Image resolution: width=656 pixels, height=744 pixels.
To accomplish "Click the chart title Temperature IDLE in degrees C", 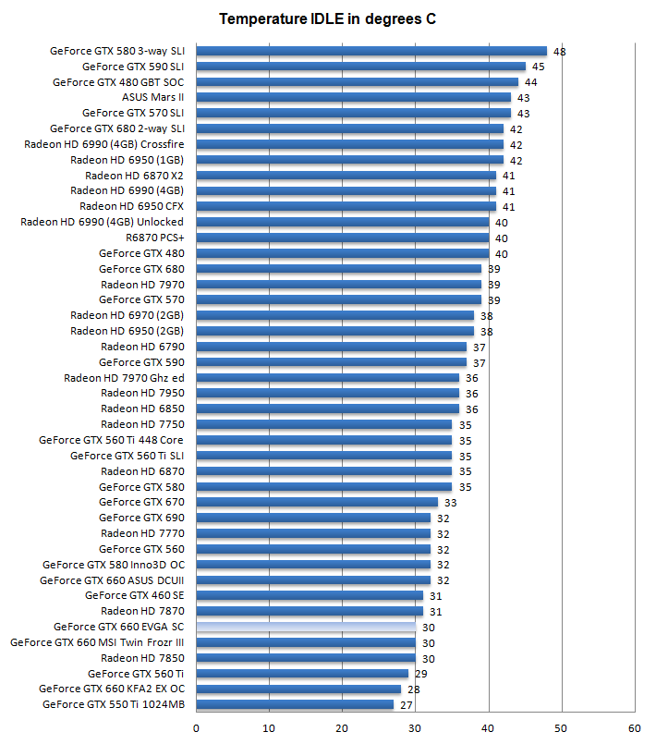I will [x=327, y=18].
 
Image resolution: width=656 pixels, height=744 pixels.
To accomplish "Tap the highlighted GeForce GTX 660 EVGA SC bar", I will [x=306, y=627].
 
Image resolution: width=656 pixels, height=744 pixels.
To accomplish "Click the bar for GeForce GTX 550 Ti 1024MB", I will [x=295, y=704].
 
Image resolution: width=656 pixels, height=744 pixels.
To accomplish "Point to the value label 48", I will [x=559, y=51].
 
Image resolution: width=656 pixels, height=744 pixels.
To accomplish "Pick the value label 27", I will [x=407, y=704].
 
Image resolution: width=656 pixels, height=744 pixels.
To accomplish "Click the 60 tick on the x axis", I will [x=635, y=728].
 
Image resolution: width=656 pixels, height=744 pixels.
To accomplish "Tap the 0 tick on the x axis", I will [x=196, y=728].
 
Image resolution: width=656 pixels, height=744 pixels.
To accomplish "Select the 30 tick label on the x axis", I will [x=416, y=728].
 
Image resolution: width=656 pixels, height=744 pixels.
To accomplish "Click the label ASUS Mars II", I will [x=152, y=97].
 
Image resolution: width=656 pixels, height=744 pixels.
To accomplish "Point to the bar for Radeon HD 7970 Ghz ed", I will [x=327, y=377].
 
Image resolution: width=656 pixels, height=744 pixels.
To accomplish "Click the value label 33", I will [x=451, y=502].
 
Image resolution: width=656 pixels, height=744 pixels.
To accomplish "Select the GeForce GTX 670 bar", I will [x=317, y=502].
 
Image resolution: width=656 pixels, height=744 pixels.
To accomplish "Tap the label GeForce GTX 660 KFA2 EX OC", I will [x=112, y=689].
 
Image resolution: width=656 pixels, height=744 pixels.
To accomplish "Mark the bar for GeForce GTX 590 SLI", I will [x=360, y=67].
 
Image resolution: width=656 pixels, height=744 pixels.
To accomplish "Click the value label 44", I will [x=530, y=82].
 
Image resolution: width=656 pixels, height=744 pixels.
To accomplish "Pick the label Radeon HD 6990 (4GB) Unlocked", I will [x=102, y=222].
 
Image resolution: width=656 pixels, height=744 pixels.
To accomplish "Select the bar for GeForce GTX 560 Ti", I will [x=302, y=673].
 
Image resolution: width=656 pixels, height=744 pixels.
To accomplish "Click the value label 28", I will [x=414, y=689].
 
